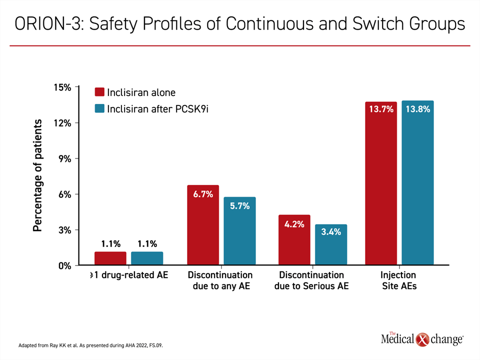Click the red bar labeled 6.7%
[x=203, y=224]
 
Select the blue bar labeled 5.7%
[x=239, y=231]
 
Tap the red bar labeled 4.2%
[x=294, y=239]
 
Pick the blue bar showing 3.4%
[x=331, y=244]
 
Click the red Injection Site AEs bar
[x=381, y=183]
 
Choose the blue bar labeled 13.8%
[x=418, y=182]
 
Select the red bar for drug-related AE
[x=110, y=258]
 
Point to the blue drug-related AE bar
[x=147, y=258]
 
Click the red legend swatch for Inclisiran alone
[x=99, y=92]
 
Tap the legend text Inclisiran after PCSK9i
[x=157, y=108]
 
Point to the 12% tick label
[x=62, y=123]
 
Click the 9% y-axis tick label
[x=65, y=158]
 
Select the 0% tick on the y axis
[x=65, y=265]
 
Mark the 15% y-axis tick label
[x=62, y=87]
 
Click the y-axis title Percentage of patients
[x=37, y=175]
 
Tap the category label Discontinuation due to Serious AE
[x=311, y=280]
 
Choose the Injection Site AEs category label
[x=399, y=280]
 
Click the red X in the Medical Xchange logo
[x=422, y=339]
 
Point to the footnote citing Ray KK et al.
[x=90, y=345]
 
